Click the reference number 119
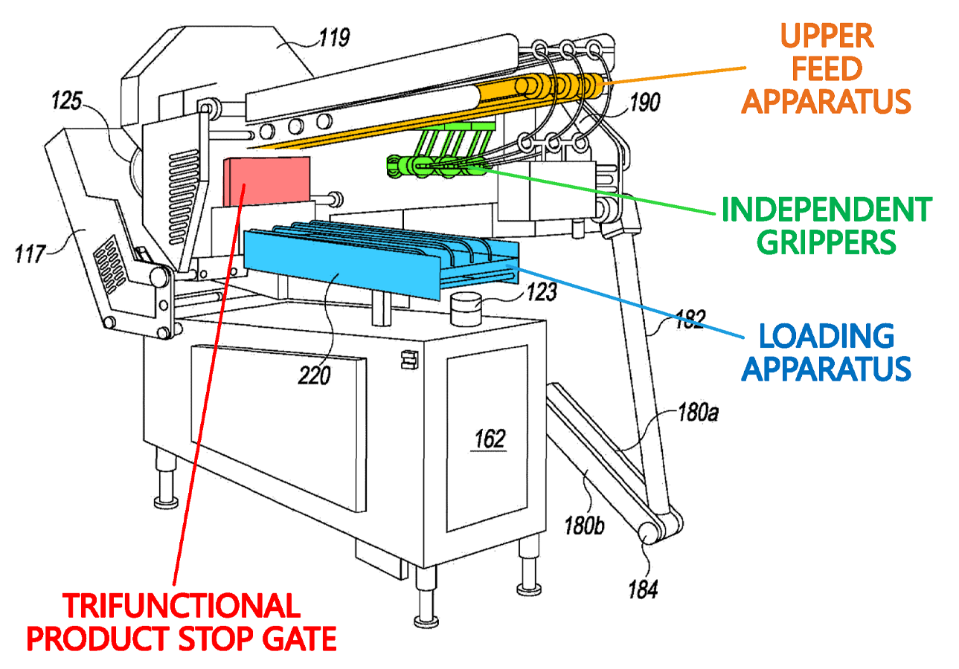[334, 38]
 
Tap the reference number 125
[67, 101]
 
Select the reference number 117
[30, 253]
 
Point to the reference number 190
[645, 103]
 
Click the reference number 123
[542, 292]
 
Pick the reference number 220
[314, 375]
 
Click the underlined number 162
[490, 439]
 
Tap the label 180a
[699, 413]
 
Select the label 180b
[584, 526]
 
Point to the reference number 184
[643, 590]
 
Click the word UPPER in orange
[827, 36]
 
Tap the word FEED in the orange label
[827, 69]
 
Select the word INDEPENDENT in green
[827, 210]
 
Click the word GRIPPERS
[827, 242]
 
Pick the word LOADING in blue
[827, 336]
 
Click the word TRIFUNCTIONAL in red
[182, 606]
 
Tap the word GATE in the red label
[299, 639]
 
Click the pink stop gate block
[266, 182]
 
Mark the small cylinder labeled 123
[466, 308]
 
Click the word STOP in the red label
[216, 639]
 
